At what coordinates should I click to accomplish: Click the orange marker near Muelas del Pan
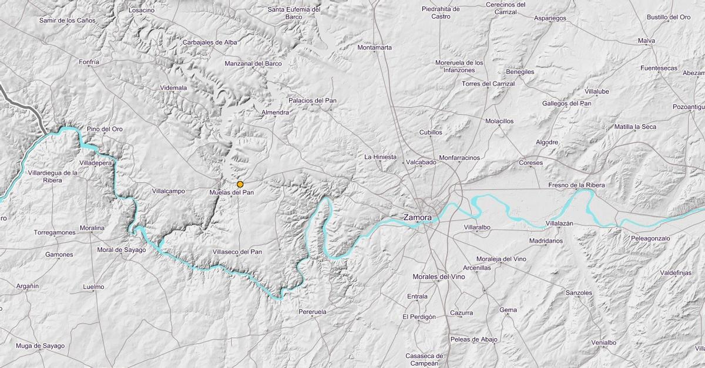point(240,184)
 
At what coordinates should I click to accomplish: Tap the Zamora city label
point(417,217)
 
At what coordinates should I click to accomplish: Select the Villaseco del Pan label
point(237,252)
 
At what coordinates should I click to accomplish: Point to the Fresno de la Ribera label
point(576,185)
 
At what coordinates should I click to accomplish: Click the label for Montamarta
point(374,48)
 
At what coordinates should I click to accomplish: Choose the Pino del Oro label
point(105,129)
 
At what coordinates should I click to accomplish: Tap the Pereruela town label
point(312,312)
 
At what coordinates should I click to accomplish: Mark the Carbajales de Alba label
point(210,42)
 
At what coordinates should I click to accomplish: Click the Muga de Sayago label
point(40,346)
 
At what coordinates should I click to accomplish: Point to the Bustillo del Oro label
point(669,17)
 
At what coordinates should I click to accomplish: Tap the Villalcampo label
point(168,191)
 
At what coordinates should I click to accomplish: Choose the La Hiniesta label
point(381,157)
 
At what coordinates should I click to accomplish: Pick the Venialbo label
point(604,342)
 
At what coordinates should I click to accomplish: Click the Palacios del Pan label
point(313,100)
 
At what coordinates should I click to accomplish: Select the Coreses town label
point(531,163)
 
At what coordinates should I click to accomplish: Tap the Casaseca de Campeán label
point(424,359)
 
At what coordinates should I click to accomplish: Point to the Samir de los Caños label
point(67,20)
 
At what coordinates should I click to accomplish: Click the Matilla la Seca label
point(635,127)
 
